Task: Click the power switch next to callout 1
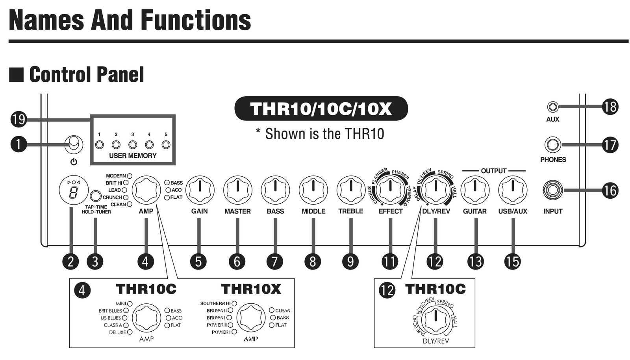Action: [74, 144]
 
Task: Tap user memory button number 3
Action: [132, 145]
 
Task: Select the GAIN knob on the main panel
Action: [200, 190]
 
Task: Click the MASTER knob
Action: [238, 190]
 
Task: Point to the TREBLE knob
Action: [351, 190]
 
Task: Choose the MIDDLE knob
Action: [313, 190]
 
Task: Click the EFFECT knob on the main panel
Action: [390, 190]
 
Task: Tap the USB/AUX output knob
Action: [513, 190]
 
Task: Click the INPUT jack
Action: [553, 190]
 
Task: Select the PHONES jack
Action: [553, 145]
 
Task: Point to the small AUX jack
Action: [553, 107]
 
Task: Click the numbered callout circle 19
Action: [19, 120]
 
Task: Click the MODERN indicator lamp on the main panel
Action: [130, 176]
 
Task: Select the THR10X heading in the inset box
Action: [251, 289]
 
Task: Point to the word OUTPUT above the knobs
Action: [494, 171]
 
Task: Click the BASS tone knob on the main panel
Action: [275, 190]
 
